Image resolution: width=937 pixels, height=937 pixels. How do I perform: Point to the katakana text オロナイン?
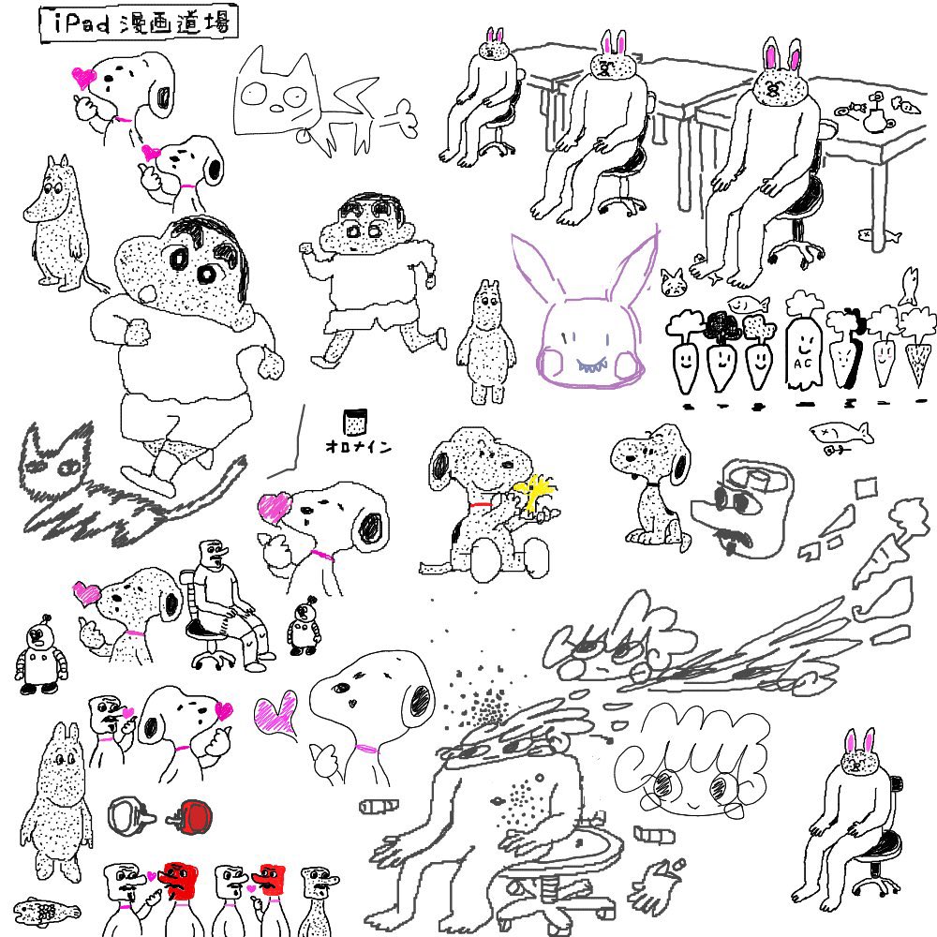[x=359, y=446]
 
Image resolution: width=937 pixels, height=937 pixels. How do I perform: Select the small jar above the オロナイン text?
[x=355, y=422]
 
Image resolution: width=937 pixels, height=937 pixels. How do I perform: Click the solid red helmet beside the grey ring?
[x=191, y=817]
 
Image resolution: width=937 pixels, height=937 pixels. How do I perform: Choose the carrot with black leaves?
[x=721, y=350]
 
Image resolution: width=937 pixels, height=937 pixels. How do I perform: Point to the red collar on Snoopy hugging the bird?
[x=480, y=506]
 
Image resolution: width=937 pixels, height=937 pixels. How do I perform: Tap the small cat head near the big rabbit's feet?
[x=673, y=283]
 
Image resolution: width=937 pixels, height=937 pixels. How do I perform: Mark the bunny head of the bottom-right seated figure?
[x=859, y=756]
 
